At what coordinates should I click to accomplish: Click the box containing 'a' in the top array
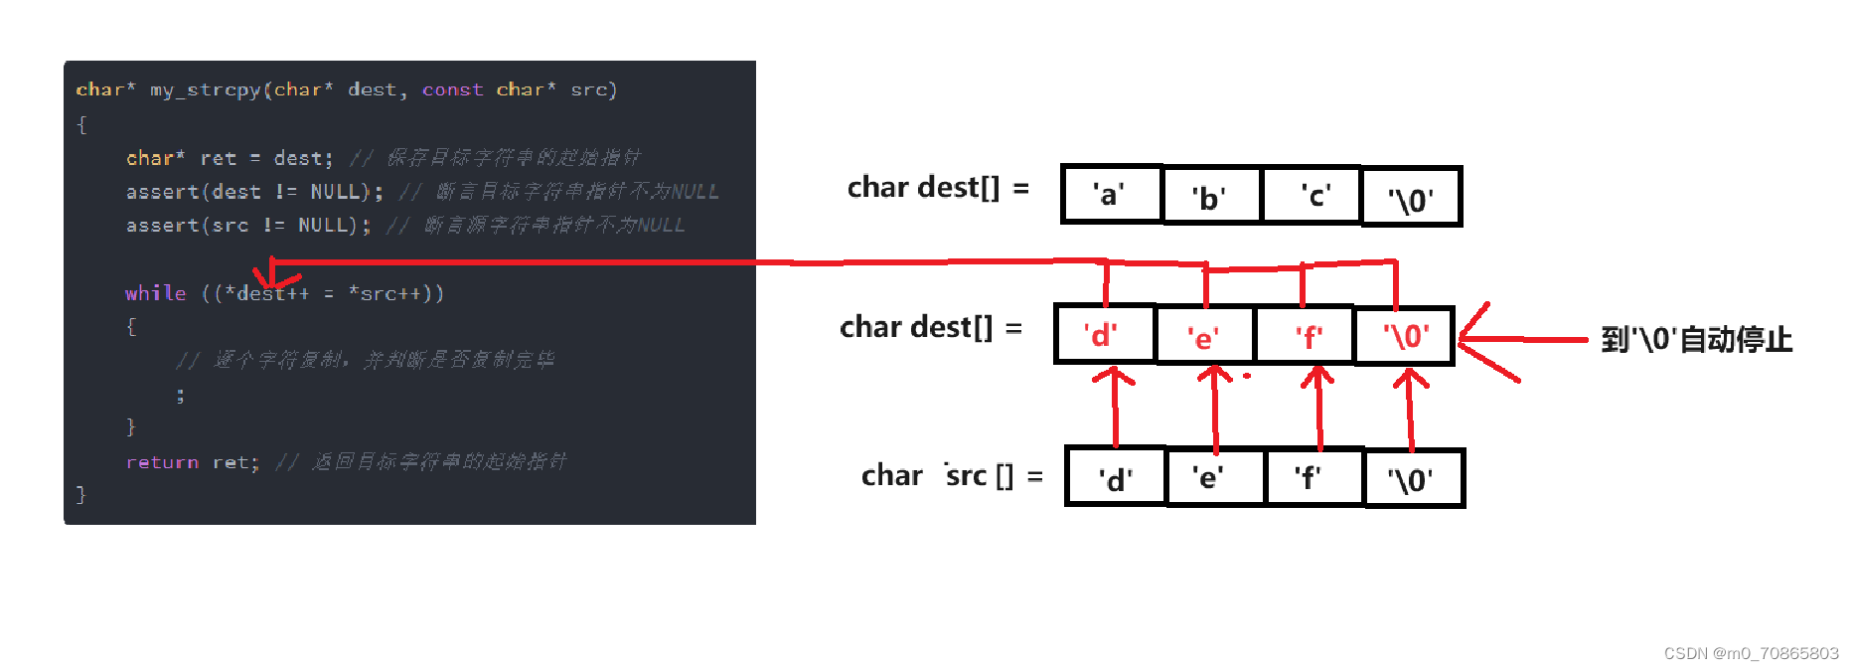(1111, 195)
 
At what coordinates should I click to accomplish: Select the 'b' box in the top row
(1210, 197)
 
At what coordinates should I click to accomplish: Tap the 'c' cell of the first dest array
(1311, 196)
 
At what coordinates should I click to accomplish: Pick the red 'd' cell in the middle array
(1104, 335)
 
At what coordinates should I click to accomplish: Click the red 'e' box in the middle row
(1205, 336)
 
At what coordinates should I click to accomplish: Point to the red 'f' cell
(1305, 336)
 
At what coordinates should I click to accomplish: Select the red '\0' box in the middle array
(1404, 336)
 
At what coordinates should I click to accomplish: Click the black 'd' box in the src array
(1115, 478)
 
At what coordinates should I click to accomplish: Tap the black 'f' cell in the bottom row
(1313, 478)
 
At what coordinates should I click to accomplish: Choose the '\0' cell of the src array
(1414, 479)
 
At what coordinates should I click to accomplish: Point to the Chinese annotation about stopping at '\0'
(1696, 340)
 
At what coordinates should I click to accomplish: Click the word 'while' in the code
(155, 293)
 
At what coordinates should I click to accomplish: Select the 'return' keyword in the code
(162, 462)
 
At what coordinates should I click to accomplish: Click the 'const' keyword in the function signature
(452, 89)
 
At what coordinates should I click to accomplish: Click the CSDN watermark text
(1751, 653)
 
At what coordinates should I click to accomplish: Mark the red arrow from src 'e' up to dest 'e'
(1214, 408)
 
